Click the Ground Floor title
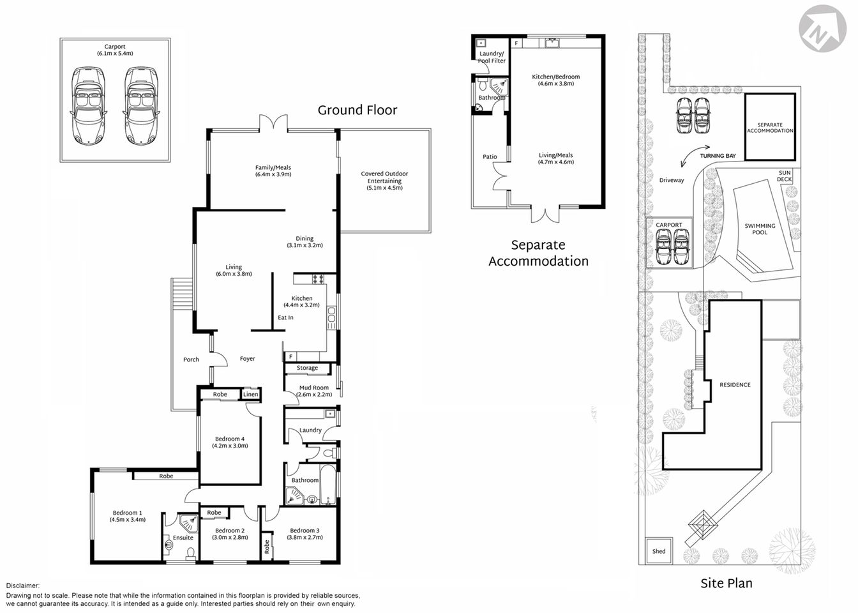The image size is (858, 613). [x=357, y=110]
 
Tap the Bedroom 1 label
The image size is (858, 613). [x=128, y=516]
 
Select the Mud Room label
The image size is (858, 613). [x=313, y=391]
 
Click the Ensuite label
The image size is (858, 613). [x=183, y=538]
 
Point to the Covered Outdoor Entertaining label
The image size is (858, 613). [x=384, y=181]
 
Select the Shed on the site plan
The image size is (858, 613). [x=659, y=551]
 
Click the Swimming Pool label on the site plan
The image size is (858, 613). [x=760, y=229]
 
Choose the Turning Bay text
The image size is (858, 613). [x=717, y=156]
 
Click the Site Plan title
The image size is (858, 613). [x=726, y=583]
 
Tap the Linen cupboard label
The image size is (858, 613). [x=251, y=395]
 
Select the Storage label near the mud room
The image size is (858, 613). [x=307, y=368]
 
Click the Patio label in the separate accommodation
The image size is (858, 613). [x=490, y=156]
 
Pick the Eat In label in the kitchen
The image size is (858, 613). [x=285, y=317]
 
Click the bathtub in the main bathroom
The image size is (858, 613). [x=328, y=485]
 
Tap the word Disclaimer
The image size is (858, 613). [x=22, y=586]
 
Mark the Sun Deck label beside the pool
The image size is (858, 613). [x=785, y=176]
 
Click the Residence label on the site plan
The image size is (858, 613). [x=735, y=385]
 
